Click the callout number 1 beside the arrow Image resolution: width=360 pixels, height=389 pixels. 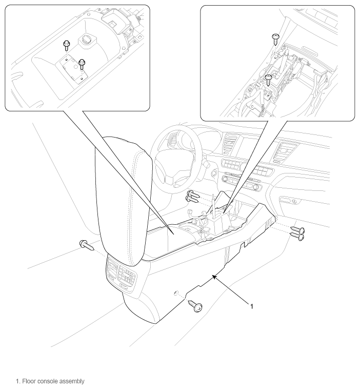pos(252,306)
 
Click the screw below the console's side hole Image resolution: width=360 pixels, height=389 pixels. pos(195,306)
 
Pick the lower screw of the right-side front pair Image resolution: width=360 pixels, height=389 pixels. pos(297,237)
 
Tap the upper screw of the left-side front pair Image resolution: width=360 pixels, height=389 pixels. pos(193,194)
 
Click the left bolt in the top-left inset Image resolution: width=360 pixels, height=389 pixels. pos(67,46)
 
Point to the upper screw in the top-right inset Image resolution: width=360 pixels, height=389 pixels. pos(275,39)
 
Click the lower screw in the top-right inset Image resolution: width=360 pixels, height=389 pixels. pos(269,79)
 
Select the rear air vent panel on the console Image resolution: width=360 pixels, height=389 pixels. pos(121,275)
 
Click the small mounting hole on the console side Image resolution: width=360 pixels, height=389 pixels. pos(176,293)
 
